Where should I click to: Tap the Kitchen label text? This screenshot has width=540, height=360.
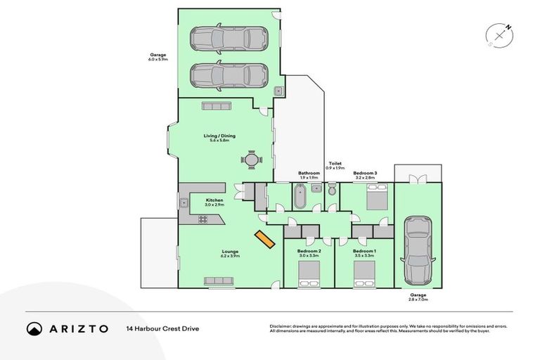(214, 200)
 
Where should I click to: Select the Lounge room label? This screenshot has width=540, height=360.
(230, 251)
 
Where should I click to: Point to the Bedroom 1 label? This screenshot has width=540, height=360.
(364, 251)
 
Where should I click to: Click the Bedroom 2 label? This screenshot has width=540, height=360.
(309, 251)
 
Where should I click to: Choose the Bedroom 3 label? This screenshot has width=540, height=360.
(365, 173)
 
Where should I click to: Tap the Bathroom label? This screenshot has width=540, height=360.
(309, 173)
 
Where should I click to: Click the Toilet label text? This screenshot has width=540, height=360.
(335, 163)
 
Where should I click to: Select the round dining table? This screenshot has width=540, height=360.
(252, 160)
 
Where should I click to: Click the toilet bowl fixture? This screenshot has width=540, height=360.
(332, 189)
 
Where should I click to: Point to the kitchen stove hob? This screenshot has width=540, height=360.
(203, 219)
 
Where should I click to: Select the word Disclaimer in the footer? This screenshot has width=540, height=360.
(283, 326)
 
